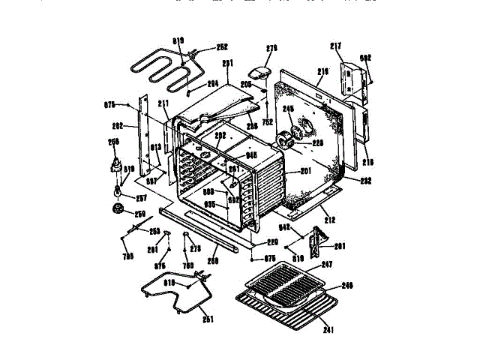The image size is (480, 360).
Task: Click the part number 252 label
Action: point(222,46)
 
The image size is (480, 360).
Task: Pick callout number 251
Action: point(208,319)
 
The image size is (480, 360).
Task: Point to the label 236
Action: point(252,127)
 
